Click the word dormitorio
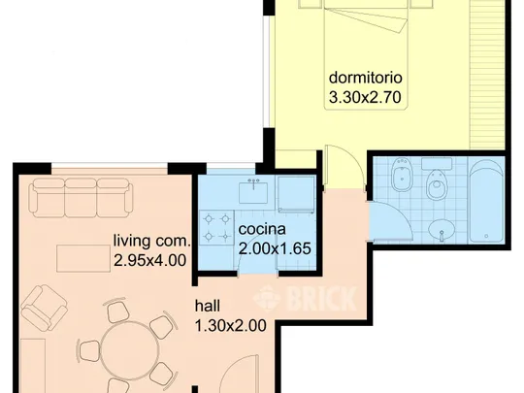tap(365, 78)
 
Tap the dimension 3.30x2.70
tap(365, 98)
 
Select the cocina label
tap(262, 229)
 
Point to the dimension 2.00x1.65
tap(275, 248)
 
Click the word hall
tap(208, 306)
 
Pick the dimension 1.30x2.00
tap(231, 325)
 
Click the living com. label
tap(152, 241)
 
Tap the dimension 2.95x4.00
tap(150, 260)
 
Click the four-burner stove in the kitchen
tap(217, 228)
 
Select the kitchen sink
tap(253, 192)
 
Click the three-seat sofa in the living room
tap(81, 197)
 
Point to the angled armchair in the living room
tap(44, 308)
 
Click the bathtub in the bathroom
tap(486, 201)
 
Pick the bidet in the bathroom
tap(400, 175)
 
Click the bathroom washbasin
tap(442, 230)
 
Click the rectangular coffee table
tap(83, 258)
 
